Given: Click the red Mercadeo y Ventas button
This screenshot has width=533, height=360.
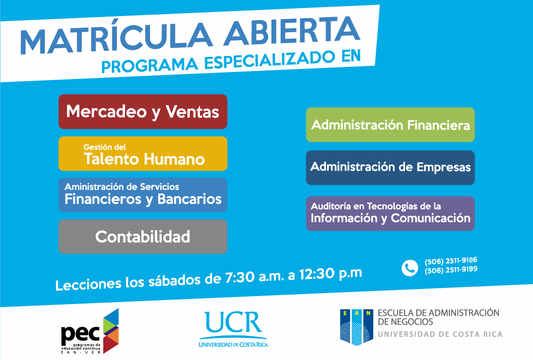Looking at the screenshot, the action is click(143, 111).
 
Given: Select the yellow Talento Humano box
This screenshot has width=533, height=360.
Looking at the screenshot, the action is click(143, 154).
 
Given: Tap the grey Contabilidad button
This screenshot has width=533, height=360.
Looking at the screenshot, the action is click(143, 236).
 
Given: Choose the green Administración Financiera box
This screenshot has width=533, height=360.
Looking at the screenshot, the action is click(390, 125).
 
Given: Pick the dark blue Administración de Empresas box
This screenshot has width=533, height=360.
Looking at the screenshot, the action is click(390, 168).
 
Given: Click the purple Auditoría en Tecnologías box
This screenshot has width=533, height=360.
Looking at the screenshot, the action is click(390, 213).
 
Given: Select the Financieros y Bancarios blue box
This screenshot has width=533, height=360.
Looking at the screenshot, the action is click(143, 195).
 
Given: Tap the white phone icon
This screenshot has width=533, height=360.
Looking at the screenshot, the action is click(410, 268).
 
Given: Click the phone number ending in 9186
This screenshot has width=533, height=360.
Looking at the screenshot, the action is click(451, 261).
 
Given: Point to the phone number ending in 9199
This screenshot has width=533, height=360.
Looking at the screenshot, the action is click(451, 270).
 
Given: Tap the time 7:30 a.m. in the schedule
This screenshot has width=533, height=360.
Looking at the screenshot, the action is click(254, 277).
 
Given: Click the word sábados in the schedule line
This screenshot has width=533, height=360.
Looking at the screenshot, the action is click(174, 280).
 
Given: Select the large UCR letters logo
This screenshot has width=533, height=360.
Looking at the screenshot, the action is click(233, 322).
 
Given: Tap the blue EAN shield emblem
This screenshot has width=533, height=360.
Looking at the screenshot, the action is click(356, 327).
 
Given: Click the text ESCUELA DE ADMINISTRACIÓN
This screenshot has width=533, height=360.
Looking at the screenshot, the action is click(438, 313).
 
